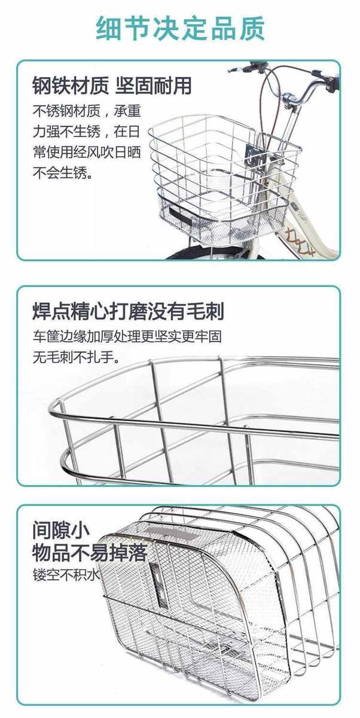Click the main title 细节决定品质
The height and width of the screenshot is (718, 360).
tap(180, 28)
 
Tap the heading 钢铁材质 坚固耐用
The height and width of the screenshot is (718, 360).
tap(112, 86)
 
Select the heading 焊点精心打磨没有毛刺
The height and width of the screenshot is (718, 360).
tap(128, 312)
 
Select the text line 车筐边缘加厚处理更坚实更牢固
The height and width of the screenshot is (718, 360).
tap(130, 336)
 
